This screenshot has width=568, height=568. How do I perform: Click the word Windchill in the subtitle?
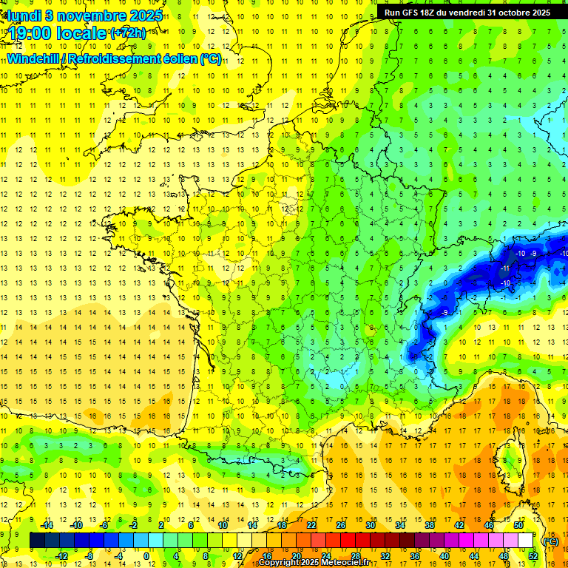[35, 58]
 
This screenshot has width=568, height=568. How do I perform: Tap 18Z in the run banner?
[432, 13]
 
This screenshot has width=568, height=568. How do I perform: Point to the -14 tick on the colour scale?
[47, 525]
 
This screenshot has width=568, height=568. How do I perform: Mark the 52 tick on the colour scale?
[533, 556]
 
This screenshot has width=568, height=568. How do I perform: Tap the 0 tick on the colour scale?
[146, 556]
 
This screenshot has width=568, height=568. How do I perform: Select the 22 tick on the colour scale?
[311, 525]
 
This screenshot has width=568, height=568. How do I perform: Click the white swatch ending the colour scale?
[526, 541]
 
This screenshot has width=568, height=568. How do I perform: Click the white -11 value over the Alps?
[505, 267]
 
